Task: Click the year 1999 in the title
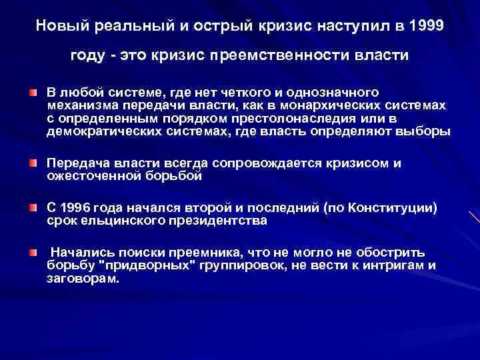pyautogui.click(x=423, y=26)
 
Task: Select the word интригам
pyautogui.click(x=397, y=266)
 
